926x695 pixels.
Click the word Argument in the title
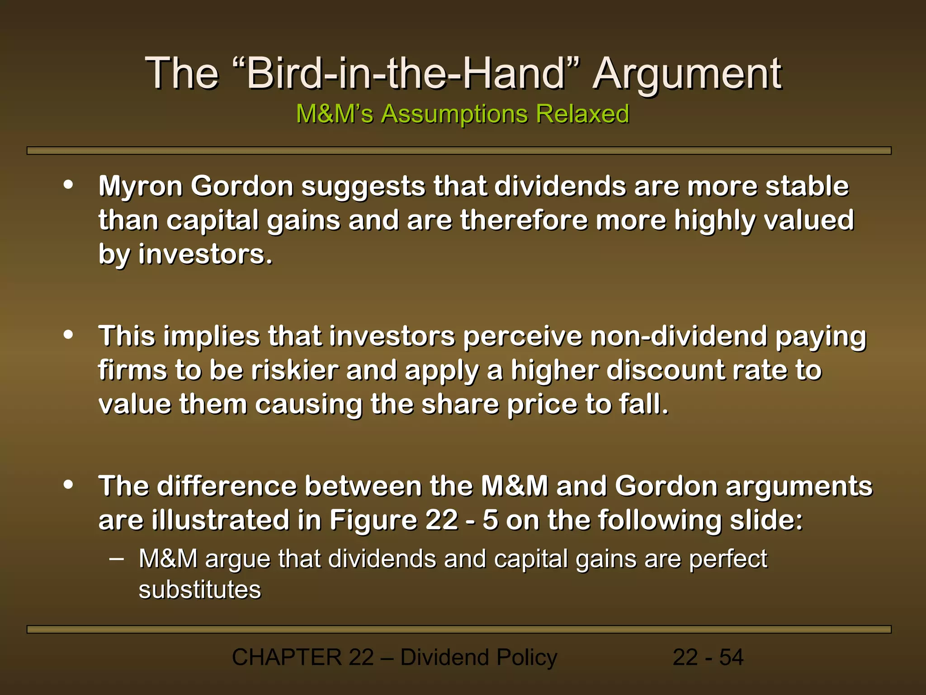[x=687, y=74]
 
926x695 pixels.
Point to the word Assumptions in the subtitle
[x=454, y=114]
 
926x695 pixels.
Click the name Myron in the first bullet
[x=141, y=186]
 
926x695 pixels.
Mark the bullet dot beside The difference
[x=69, y=485]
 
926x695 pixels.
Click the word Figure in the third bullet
[x=373, y=520]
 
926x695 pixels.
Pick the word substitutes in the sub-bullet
[x=200, y=590]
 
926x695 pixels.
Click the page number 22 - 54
[x=708, y=657]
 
